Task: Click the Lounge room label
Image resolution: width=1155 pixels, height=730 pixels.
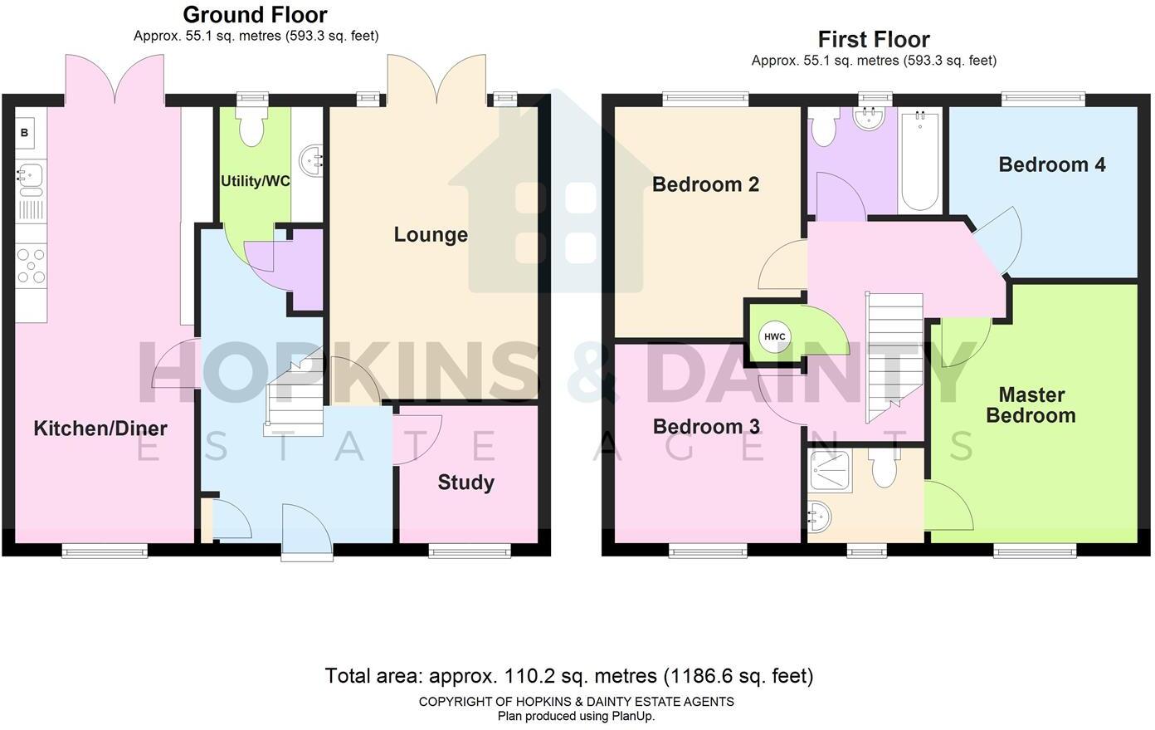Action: tap(431, 235)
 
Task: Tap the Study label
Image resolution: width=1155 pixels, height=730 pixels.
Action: tap(466, 483)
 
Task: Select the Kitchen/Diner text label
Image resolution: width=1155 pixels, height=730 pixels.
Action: tap(100, 429)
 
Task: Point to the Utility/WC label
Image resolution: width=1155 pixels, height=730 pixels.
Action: tap(256, 181)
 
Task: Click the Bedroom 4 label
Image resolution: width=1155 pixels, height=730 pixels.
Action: tap(1052, 164)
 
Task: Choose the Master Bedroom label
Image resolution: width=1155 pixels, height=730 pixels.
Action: tap(1031, 405)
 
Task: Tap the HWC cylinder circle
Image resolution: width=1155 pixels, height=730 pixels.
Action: tap(774, 336)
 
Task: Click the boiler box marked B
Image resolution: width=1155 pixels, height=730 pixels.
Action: tap(24, 133)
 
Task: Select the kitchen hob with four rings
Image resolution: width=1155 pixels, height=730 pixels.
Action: tap(31, 266)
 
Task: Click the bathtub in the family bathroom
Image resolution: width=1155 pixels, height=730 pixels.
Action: tap(920, 160)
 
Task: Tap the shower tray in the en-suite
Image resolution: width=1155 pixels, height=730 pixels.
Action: tap(830, 471)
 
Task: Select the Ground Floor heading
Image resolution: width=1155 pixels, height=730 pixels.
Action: tap(256, 14)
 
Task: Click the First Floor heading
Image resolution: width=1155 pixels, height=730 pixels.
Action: tap(874, 39)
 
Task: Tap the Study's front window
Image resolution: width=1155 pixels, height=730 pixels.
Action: tap(470, 552)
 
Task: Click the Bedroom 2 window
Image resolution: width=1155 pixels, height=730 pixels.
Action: tap(705, 98)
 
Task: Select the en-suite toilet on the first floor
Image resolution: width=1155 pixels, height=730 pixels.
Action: tap(885, 468)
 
